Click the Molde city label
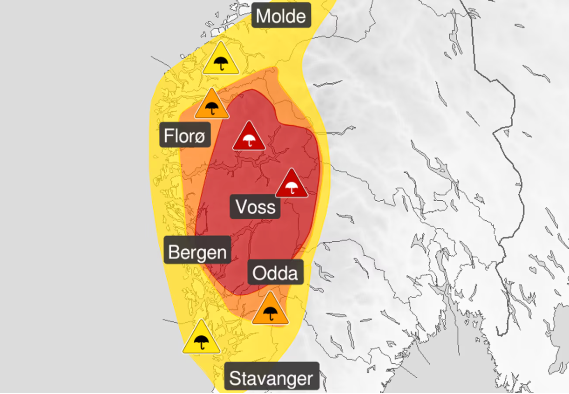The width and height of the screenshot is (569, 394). [x=281, y=16]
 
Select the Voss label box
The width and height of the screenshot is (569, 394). [x=255, y=206]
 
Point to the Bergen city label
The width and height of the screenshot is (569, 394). [x=197, y=252]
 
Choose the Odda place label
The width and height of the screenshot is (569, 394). [x=276, y=272]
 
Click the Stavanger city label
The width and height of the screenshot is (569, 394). [x=271, y=378]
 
